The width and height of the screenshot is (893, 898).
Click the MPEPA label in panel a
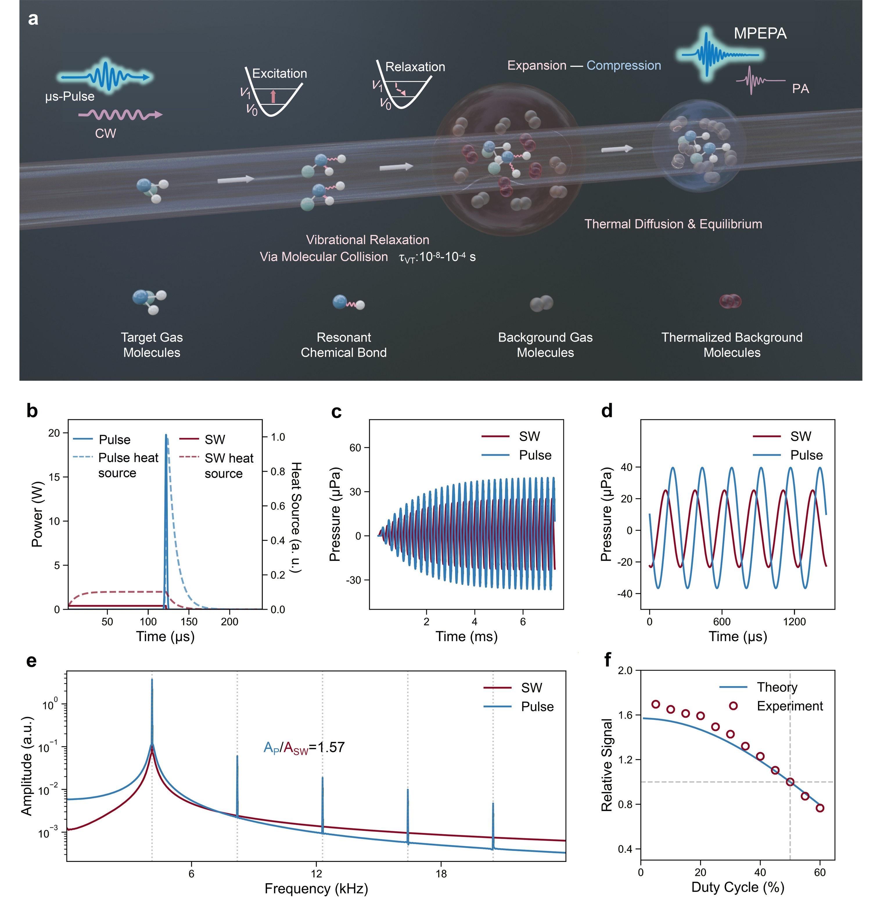pos(760,33)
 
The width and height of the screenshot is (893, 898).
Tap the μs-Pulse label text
pos(70,97)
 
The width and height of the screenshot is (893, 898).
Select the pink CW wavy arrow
pos(120,114)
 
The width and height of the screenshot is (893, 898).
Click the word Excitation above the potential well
pos(279,73)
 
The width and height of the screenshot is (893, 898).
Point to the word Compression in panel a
pos(624,66)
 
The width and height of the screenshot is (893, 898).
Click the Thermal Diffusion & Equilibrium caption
pos(673,224)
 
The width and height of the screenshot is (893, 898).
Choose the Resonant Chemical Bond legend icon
pos(348,303)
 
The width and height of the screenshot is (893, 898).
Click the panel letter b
pos(32,411)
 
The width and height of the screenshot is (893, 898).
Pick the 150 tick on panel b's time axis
pos(189,622)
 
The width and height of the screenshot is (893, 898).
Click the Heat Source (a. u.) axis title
pos(296,517)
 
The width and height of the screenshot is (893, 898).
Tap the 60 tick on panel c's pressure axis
pos(355,448)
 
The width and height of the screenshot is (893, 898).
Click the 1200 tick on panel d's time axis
pos(795,622)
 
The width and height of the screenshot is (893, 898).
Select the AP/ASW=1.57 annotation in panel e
pos(304,747)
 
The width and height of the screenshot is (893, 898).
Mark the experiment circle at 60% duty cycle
pos(820,808)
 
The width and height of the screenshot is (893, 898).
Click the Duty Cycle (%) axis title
pos(738,887)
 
